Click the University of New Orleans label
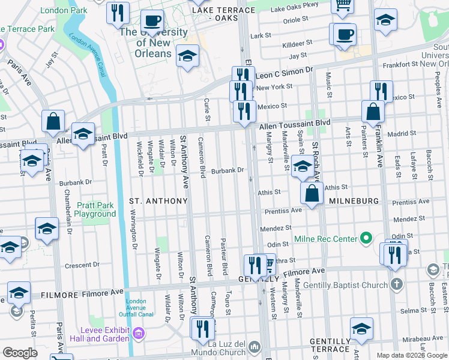153,43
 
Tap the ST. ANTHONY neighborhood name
158,200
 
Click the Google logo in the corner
20,352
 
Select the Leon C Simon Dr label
285,70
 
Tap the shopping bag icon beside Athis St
312,194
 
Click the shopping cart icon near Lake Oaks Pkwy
342,5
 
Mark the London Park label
65,10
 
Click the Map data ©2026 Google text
411,355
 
